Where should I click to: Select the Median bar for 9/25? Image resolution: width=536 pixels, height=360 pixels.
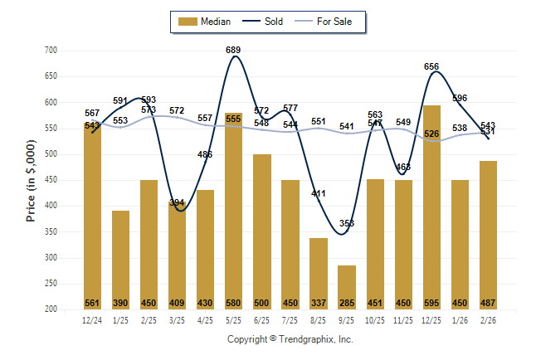[347, 287]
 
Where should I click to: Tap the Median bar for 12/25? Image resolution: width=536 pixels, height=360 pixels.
[431, 207]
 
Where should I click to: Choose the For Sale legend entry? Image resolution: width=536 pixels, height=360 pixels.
[331, 22]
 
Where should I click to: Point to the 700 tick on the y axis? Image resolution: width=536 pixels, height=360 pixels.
[51, 51]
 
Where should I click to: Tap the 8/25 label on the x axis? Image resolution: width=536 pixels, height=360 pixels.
[319, 319]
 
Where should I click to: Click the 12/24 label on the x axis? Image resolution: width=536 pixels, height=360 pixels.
[93, 319]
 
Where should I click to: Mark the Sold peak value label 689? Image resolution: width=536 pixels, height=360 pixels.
[234, 51]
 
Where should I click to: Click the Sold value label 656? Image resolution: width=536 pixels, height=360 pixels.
[431, 66]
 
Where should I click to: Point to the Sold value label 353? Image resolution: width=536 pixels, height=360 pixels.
[347, 224]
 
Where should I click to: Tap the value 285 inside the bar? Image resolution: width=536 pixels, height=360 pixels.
[347, 303]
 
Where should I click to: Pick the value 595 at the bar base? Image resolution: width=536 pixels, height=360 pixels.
[431, 303]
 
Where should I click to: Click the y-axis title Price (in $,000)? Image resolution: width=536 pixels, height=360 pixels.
[31, 179]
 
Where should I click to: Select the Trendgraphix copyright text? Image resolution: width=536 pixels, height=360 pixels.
[290, 339]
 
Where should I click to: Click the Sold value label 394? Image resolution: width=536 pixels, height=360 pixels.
[178, 202]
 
